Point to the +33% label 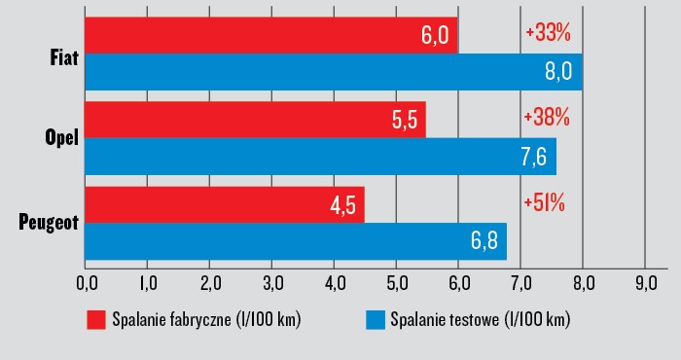click(x=547, y=32)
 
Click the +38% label click(x=547, y=117)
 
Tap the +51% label click(x=544, y=202)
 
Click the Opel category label click(x=62, y=139)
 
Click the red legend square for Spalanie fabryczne click(x=95, y=320)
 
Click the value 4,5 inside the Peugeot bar click(x=341, y=205)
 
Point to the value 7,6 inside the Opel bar click(x=534, y=156)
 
